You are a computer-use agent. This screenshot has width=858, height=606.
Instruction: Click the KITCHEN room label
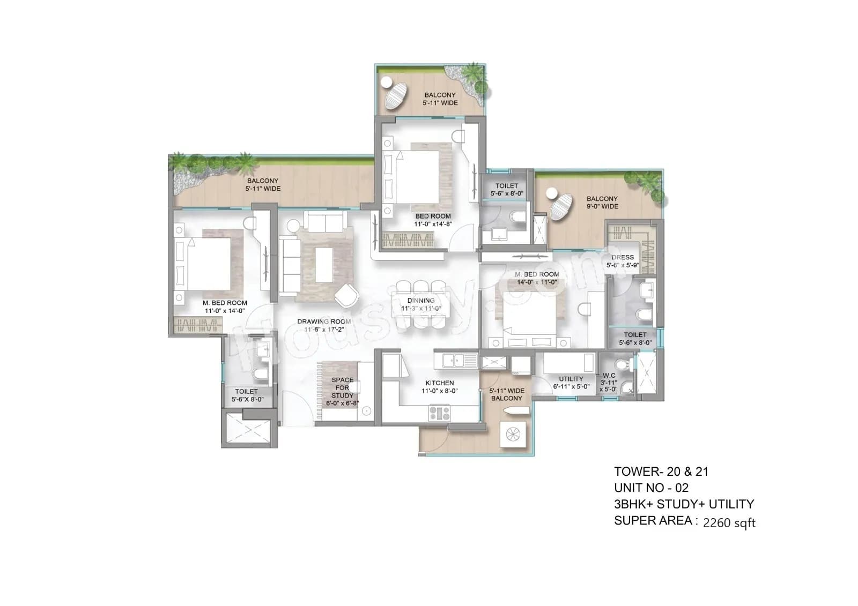(439, 383)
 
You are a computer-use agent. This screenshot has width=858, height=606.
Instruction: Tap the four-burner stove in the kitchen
(439, 413)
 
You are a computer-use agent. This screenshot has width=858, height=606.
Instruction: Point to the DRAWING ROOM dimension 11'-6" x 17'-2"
(324, 330)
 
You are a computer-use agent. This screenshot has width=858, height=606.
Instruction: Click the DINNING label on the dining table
(421, 301)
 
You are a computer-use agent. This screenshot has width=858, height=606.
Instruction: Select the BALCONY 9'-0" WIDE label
(602, 202)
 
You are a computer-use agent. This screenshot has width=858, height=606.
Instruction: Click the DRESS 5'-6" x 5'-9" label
(623, 261)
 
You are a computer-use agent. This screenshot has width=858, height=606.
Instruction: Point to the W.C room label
(609, 376)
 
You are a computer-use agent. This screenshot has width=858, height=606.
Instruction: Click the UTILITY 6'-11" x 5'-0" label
(571, 383)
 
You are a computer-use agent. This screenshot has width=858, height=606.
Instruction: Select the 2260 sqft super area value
(729, 523)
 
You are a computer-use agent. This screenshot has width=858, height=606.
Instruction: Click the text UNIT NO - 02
(651, 488)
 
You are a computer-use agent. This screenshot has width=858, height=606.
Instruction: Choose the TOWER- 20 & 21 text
(661, 472)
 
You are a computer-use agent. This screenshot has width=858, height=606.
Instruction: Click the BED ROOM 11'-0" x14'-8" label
(433, 220)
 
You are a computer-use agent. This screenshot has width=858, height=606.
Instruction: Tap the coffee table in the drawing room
(323, 265)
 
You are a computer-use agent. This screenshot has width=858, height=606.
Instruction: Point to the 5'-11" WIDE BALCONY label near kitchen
(507, 394)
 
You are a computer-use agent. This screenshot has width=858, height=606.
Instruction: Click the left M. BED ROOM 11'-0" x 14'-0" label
(225, 306)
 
